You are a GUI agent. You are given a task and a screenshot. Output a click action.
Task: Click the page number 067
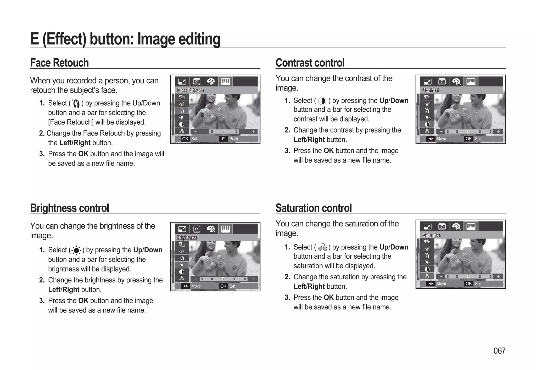(x=499, y=351)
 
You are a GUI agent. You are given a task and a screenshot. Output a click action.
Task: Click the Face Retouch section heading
(x=59, y=63)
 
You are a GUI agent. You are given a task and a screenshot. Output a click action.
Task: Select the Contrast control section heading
(x=310, y=63)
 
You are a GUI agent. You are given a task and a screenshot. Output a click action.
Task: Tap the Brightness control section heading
(x=69, y=208)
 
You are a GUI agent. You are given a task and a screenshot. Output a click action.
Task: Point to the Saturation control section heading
(x=314, y=208)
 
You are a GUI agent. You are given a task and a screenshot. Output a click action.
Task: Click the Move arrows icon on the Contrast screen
(x=431, y=139)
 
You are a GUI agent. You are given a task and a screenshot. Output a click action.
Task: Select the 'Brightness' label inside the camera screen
(x=187, y=237)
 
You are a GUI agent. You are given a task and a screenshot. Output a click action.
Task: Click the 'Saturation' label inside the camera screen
(x=432, y=235)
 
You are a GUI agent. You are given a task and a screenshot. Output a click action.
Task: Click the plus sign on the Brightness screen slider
(x=253, y=279)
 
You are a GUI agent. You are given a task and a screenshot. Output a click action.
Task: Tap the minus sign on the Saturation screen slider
(x=441, y=276)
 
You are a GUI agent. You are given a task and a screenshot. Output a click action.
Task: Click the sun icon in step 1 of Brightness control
(x=76, y=251)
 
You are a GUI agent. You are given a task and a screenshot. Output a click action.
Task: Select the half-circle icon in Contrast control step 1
(x=322, y=101)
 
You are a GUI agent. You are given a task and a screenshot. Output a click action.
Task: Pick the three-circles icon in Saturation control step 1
(x=322, y=247)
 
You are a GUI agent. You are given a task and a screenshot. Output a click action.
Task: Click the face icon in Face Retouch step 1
(x=76, y=104)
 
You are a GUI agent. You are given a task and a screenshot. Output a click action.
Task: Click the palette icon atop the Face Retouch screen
(x=211, y=82)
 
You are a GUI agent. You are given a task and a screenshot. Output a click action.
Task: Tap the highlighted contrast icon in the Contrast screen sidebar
(x=427, y=124)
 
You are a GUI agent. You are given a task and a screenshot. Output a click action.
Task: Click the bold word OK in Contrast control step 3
(x=328, y=151)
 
